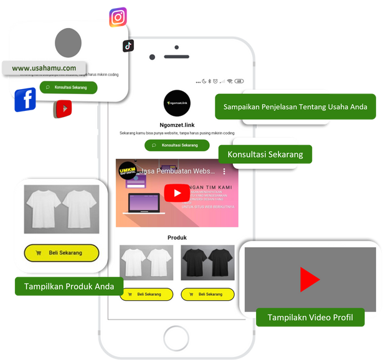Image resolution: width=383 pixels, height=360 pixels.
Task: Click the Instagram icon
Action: point(118,17)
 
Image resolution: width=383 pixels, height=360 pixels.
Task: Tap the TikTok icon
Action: point(128,45)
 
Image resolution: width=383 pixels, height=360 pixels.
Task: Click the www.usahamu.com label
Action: point(44,68)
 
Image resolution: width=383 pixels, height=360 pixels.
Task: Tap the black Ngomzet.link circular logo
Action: point(177,103)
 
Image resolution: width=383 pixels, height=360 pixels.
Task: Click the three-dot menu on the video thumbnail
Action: point(225,171)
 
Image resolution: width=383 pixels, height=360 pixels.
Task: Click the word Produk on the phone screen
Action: point(177,237)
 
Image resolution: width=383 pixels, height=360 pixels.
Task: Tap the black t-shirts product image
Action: point(207,262)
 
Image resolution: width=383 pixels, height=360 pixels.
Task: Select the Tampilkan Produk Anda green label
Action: point(69,287)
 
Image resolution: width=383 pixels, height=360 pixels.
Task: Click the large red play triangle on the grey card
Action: point(309,280)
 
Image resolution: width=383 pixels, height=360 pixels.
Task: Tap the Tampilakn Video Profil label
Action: point(310,317)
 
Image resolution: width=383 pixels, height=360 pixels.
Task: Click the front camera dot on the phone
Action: point(153,57)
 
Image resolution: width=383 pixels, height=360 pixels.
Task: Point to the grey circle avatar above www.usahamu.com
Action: point(68,42)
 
